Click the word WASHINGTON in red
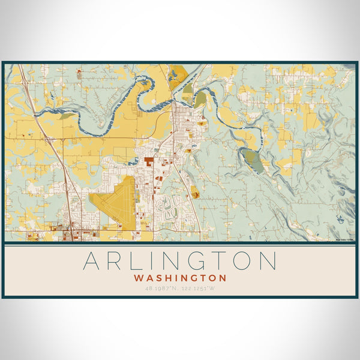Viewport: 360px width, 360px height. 180,278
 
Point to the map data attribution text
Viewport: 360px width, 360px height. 345,239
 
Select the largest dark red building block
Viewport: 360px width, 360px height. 148,162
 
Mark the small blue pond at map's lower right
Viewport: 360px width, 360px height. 342,218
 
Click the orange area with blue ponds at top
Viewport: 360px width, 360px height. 178,77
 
